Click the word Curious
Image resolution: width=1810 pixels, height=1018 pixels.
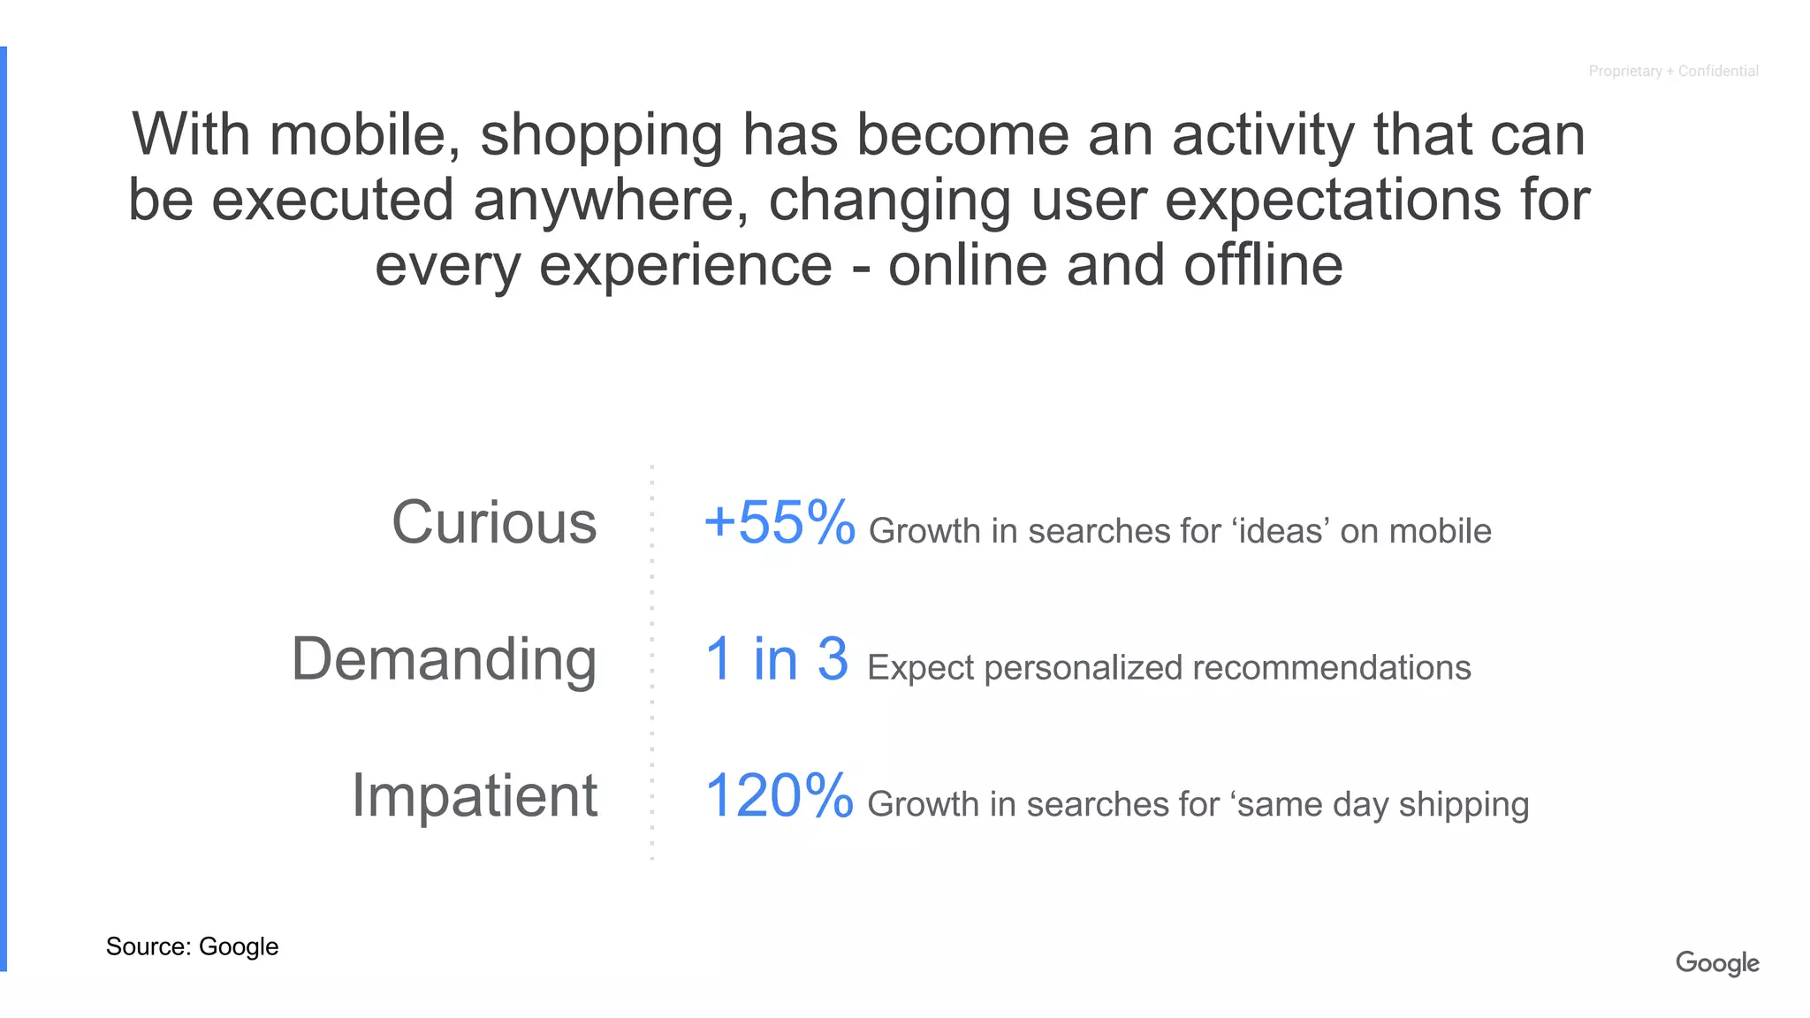pyautogui.click(x=494, y=522)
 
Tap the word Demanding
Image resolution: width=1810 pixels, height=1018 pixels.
pyautogui.click(x=444, y=659)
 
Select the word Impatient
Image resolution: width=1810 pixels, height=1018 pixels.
pyautogui.click(x=475, y=795)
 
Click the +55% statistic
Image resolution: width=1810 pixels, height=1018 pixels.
pyautogui.click(x=780, y=522)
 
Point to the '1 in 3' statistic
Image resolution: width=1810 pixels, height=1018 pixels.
pyautogui.click(x=777, y=659)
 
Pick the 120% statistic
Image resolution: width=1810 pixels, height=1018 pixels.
pyautogui.click(x=779, y=795)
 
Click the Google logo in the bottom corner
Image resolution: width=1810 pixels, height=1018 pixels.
pyautogui.click(x=1716, y=962)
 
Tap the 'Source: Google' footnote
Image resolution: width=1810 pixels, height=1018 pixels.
pyautogui.click(x=192, y=946)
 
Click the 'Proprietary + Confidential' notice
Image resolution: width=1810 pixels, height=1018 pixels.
pyautogui.click(x=1673, y=71)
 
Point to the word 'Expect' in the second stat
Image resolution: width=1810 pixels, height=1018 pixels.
pyautogui.click(x=920, y=668)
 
